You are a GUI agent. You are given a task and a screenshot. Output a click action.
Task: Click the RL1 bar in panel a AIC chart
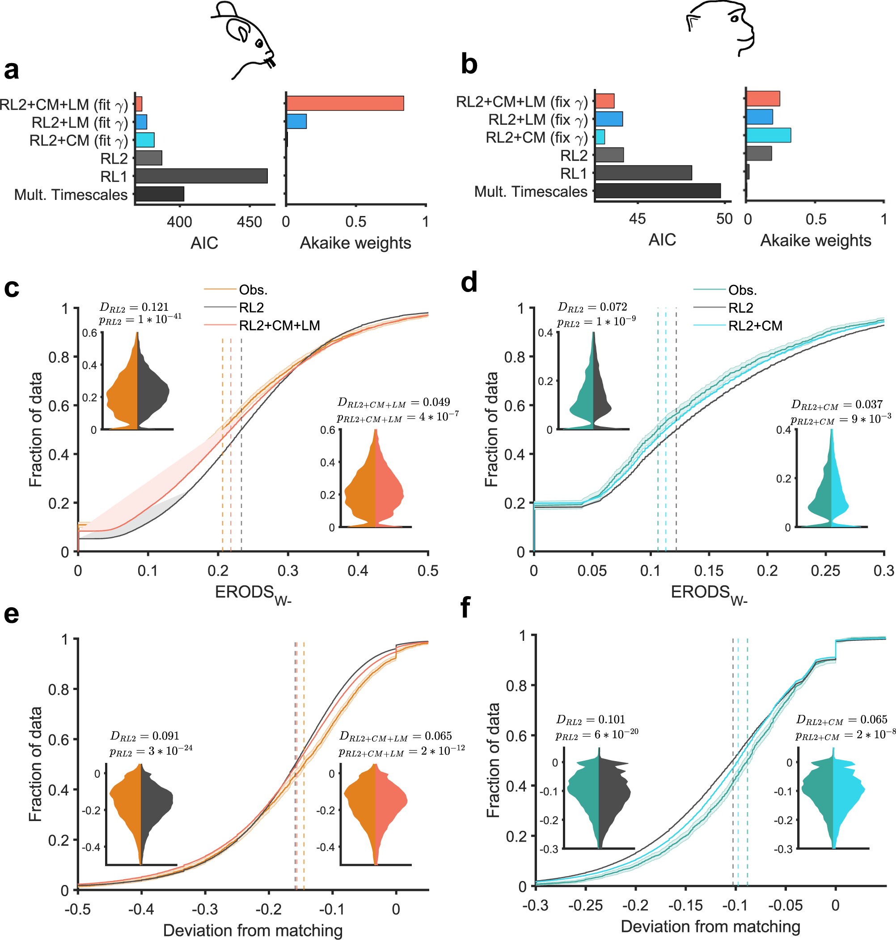201,176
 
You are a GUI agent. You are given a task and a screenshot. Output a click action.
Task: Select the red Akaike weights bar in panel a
345,103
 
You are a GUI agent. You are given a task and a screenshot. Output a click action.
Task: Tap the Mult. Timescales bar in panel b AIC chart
658,191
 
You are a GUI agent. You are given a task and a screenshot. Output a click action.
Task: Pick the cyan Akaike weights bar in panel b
768,135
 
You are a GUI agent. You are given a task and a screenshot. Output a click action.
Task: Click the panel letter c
12,288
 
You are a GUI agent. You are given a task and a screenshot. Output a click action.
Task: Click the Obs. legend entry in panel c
253,290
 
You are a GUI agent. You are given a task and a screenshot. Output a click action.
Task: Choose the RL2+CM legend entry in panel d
755,326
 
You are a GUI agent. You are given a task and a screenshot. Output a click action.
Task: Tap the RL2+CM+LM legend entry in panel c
279,325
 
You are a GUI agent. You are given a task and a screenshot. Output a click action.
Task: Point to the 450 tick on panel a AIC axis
249,222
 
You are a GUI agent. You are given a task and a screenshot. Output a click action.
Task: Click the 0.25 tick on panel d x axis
825,570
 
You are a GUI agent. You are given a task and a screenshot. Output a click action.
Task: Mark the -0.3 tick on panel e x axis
205,909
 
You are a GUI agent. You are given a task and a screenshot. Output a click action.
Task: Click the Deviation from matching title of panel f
710,926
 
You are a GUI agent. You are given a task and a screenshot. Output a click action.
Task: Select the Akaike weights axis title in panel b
815,240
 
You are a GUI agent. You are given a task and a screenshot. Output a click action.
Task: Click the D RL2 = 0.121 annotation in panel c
134,307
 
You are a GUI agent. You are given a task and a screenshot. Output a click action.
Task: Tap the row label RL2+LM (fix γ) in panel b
537,119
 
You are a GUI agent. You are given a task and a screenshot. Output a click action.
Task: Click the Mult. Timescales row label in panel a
71,195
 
